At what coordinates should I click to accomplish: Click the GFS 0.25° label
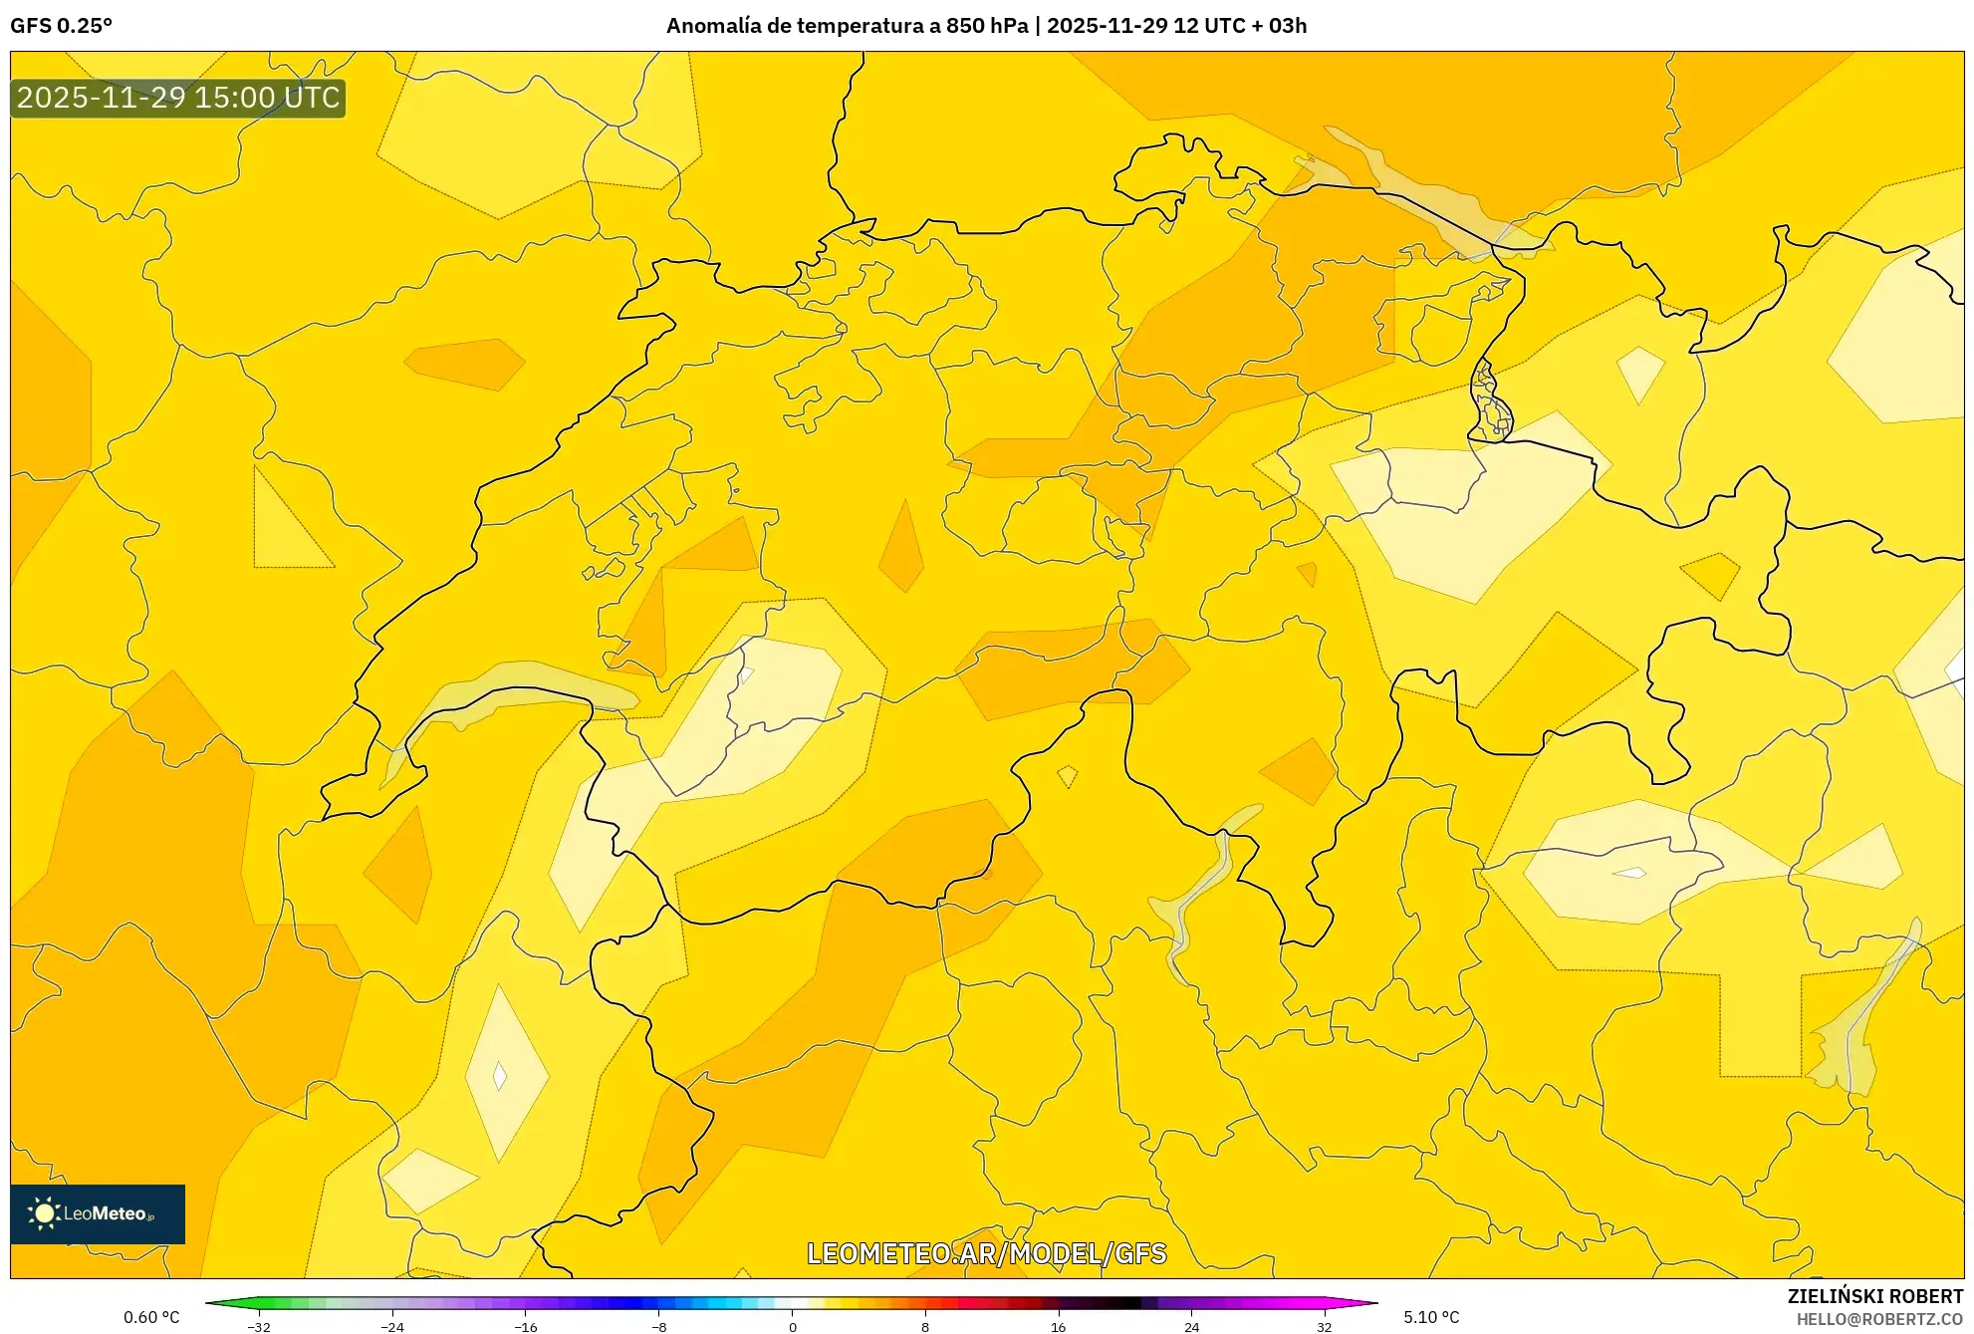point(61,26)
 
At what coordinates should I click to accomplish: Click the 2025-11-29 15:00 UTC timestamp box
point(178,98)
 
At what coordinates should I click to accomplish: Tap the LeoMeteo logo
point(98,1213)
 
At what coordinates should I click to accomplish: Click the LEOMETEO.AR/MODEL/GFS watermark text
point(986,1253)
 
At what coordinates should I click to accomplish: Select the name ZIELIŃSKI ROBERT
point(1874,1296)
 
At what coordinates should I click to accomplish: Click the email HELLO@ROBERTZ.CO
point(1879,1319)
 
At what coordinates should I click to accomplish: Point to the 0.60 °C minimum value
point(151,1317)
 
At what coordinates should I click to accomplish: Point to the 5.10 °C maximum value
point(1431,1317)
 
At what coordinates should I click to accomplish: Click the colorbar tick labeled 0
point(792,1326)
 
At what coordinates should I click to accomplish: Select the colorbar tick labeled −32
point(259,1326)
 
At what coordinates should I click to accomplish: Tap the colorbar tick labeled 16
point(1058,1326)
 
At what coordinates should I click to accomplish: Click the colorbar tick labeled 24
point(1191,1326)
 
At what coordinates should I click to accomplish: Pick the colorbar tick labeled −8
point(658,1326)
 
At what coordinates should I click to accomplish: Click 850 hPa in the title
point(986,26)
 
